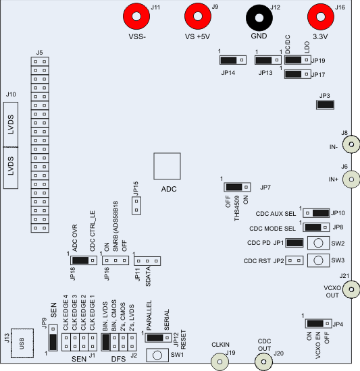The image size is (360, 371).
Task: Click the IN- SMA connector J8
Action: (x=351, y=144)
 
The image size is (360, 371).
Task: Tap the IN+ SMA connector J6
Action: (x=351, y=178)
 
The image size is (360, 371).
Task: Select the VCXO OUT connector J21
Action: (x=351, y=289)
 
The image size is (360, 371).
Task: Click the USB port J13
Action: (x=23, y=343)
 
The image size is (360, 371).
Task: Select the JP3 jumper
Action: (x=326, y=103)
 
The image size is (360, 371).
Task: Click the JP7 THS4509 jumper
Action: (x=234, y=187)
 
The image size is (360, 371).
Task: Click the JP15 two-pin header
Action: (x=135, y=205)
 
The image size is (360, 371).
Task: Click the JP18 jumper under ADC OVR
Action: (x=80, y=260)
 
